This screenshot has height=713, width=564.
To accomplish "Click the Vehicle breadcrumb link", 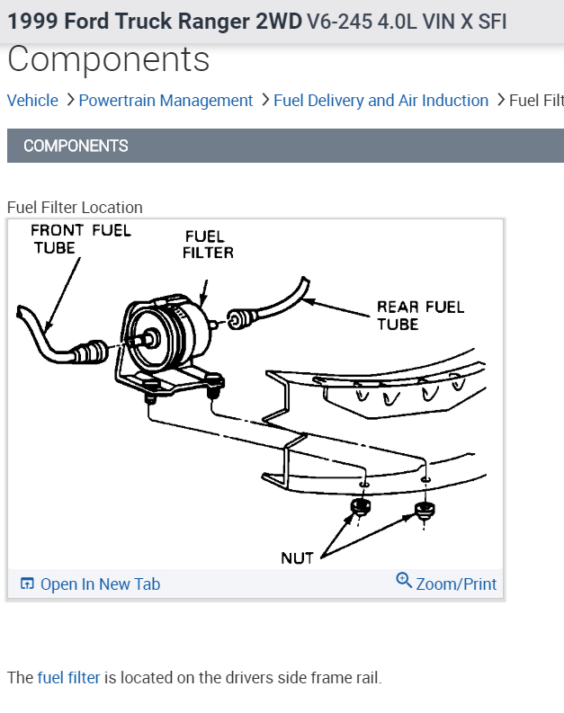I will [x=32, y=101].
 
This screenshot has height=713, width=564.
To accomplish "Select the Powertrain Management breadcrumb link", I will [x=166, y=101].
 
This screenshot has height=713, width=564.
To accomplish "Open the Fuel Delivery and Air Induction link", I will [x=380, y=101].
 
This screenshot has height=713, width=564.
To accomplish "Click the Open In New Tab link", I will [x=100, y=584].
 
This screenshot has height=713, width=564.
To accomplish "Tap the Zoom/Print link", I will [x=456, y=584].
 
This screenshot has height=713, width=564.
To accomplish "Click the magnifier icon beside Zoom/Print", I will [x=404, y=581].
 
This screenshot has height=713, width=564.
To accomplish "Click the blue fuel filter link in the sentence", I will [x=68, y=677].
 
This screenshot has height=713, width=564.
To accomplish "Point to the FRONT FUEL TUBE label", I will [x=80, y=238].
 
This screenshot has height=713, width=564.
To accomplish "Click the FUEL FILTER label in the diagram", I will [x=208, y=245].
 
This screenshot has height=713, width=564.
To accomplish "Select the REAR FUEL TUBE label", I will [x=420, y=315].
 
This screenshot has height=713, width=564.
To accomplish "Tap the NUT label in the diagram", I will [x=297, y=558].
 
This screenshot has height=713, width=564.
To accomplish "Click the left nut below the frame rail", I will [x=362, y=510].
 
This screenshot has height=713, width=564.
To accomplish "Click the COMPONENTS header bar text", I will [x=76, y=146].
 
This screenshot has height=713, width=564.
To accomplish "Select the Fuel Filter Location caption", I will [x=75, y=208].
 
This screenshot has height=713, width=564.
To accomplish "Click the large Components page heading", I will [x=108, y=60].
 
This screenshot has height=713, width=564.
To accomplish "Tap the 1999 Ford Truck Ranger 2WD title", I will [x=155, y=21].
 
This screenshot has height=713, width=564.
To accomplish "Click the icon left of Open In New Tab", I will [x=27, y=584].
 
